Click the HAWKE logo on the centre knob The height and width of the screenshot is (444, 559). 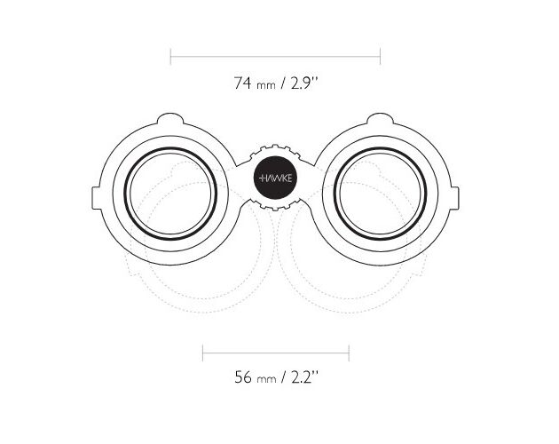[x=275, y=178]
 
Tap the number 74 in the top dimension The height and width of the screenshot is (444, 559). [x=242, y=83]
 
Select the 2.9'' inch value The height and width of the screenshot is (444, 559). [x=304, y=83]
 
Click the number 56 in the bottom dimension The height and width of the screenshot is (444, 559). [x=242, y=377]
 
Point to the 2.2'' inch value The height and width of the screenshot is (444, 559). [x=304, y=377]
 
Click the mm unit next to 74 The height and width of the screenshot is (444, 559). [x=266, y=85]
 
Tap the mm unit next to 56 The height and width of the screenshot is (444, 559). [x=266, y=379]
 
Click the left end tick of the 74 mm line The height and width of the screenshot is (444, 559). [x=170, y=57]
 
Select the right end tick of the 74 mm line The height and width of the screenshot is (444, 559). [x=381, y=57]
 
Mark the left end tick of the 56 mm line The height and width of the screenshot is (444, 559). [x=202, y=353]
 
